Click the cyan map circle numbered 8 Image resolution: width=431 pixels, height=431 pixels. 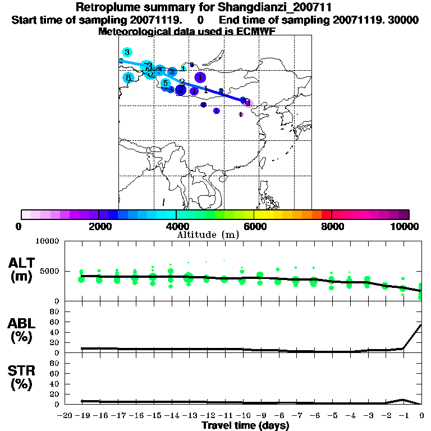[129, 78]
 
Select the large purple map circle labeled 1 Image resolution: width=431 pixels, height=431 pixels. [200, 77]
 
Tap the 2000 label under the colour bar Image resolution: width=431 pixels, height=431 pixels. [98, 226]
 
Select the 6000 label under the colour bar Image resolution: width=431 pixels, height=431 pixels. [254, 226]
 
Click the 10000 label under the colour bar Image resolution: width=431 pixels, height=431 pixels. [405, 226]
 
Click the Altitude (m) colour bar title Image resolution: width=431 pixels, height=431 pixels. [208, 235]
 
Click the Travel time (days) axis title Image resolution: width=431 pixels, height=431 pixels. [245, 426]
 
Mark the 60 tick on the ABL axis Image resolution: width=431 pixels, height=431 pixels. [55, 322]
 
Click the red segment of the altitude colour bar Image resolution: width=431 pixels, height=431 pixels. [326, 214]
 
